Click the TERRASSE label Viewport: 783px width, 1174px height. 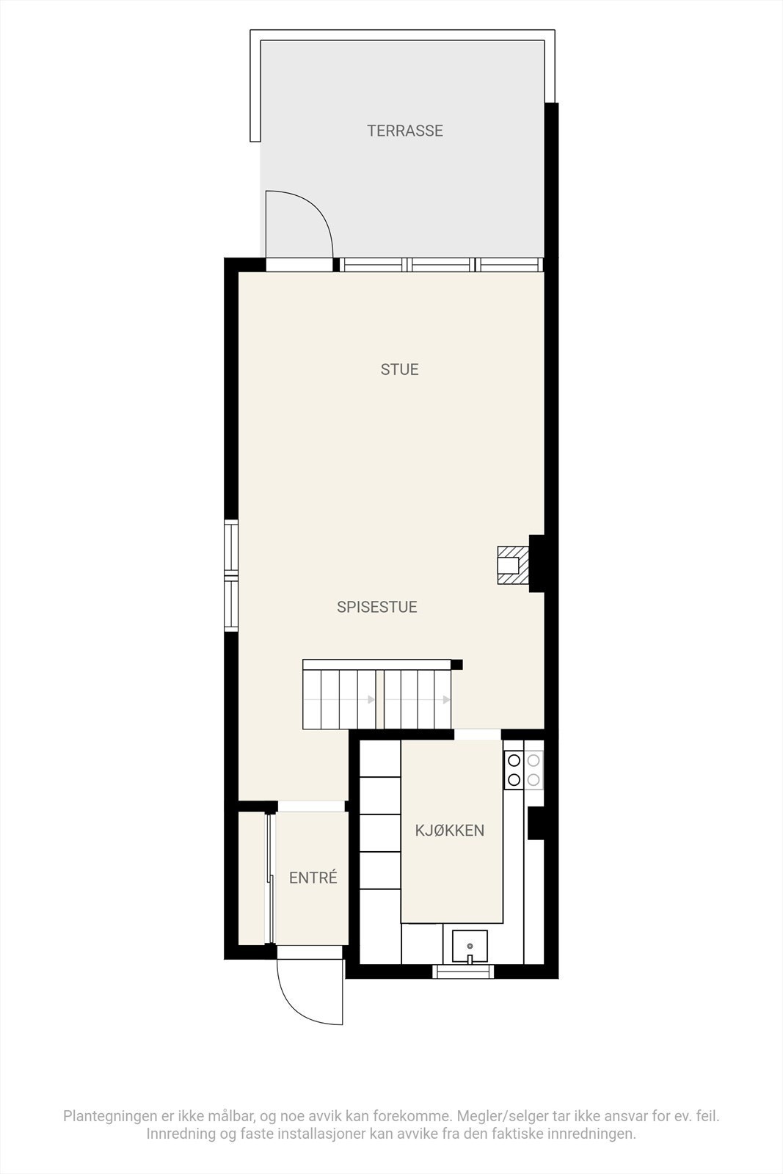pyautogui.click(x=405, y=131)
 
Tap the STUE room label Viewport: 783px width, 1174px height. pyautogui.click(x=399, y=369)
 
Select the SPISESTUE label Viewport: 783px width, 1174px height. pyautogui.click(x=376, y=607)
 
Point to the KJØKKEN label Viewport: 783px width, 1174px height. pyautogui.click(x=449, y=831)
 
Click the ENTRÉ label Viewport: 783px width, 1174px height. pyautogui.click(x=313, y=878)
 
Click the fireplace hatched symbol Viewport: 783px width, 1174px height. pyautogui.click(x=512, y=565)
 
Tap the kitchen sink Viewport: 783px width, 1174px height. pyautogui.click(x=470, y=947)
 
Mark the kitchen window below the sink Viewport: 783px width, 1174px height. pyautogui.click(x=463, y=971)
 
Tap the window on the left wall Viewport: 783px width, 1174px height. pyautogui.click(x=231, y=575)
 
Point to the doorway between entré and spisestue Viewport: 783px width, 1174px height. pyautogui.click(x=311, y=806)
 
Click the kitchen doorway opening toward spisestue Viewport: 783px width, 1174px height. pyautogui.click(x=477, y=734)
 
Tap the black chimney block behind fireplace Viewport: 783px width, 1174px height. pyautogui.click(x=536, y=563)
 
